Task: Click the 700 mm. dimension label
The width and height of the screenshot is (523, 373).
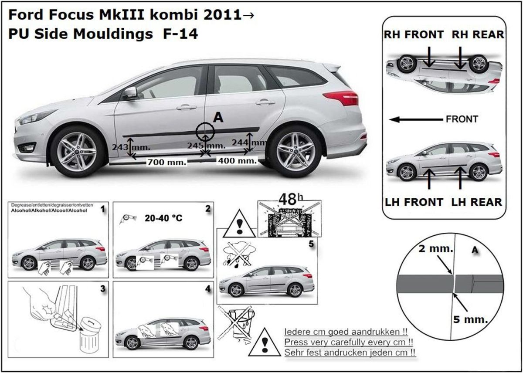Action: [166, 162]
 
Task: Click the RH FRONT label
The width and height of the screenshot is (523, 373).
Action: [414, 34]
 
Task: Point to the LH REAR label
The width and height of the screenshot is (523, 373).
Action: [477, 202]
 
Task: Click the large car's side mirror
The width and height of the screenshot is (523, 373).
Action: [129, 93]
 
